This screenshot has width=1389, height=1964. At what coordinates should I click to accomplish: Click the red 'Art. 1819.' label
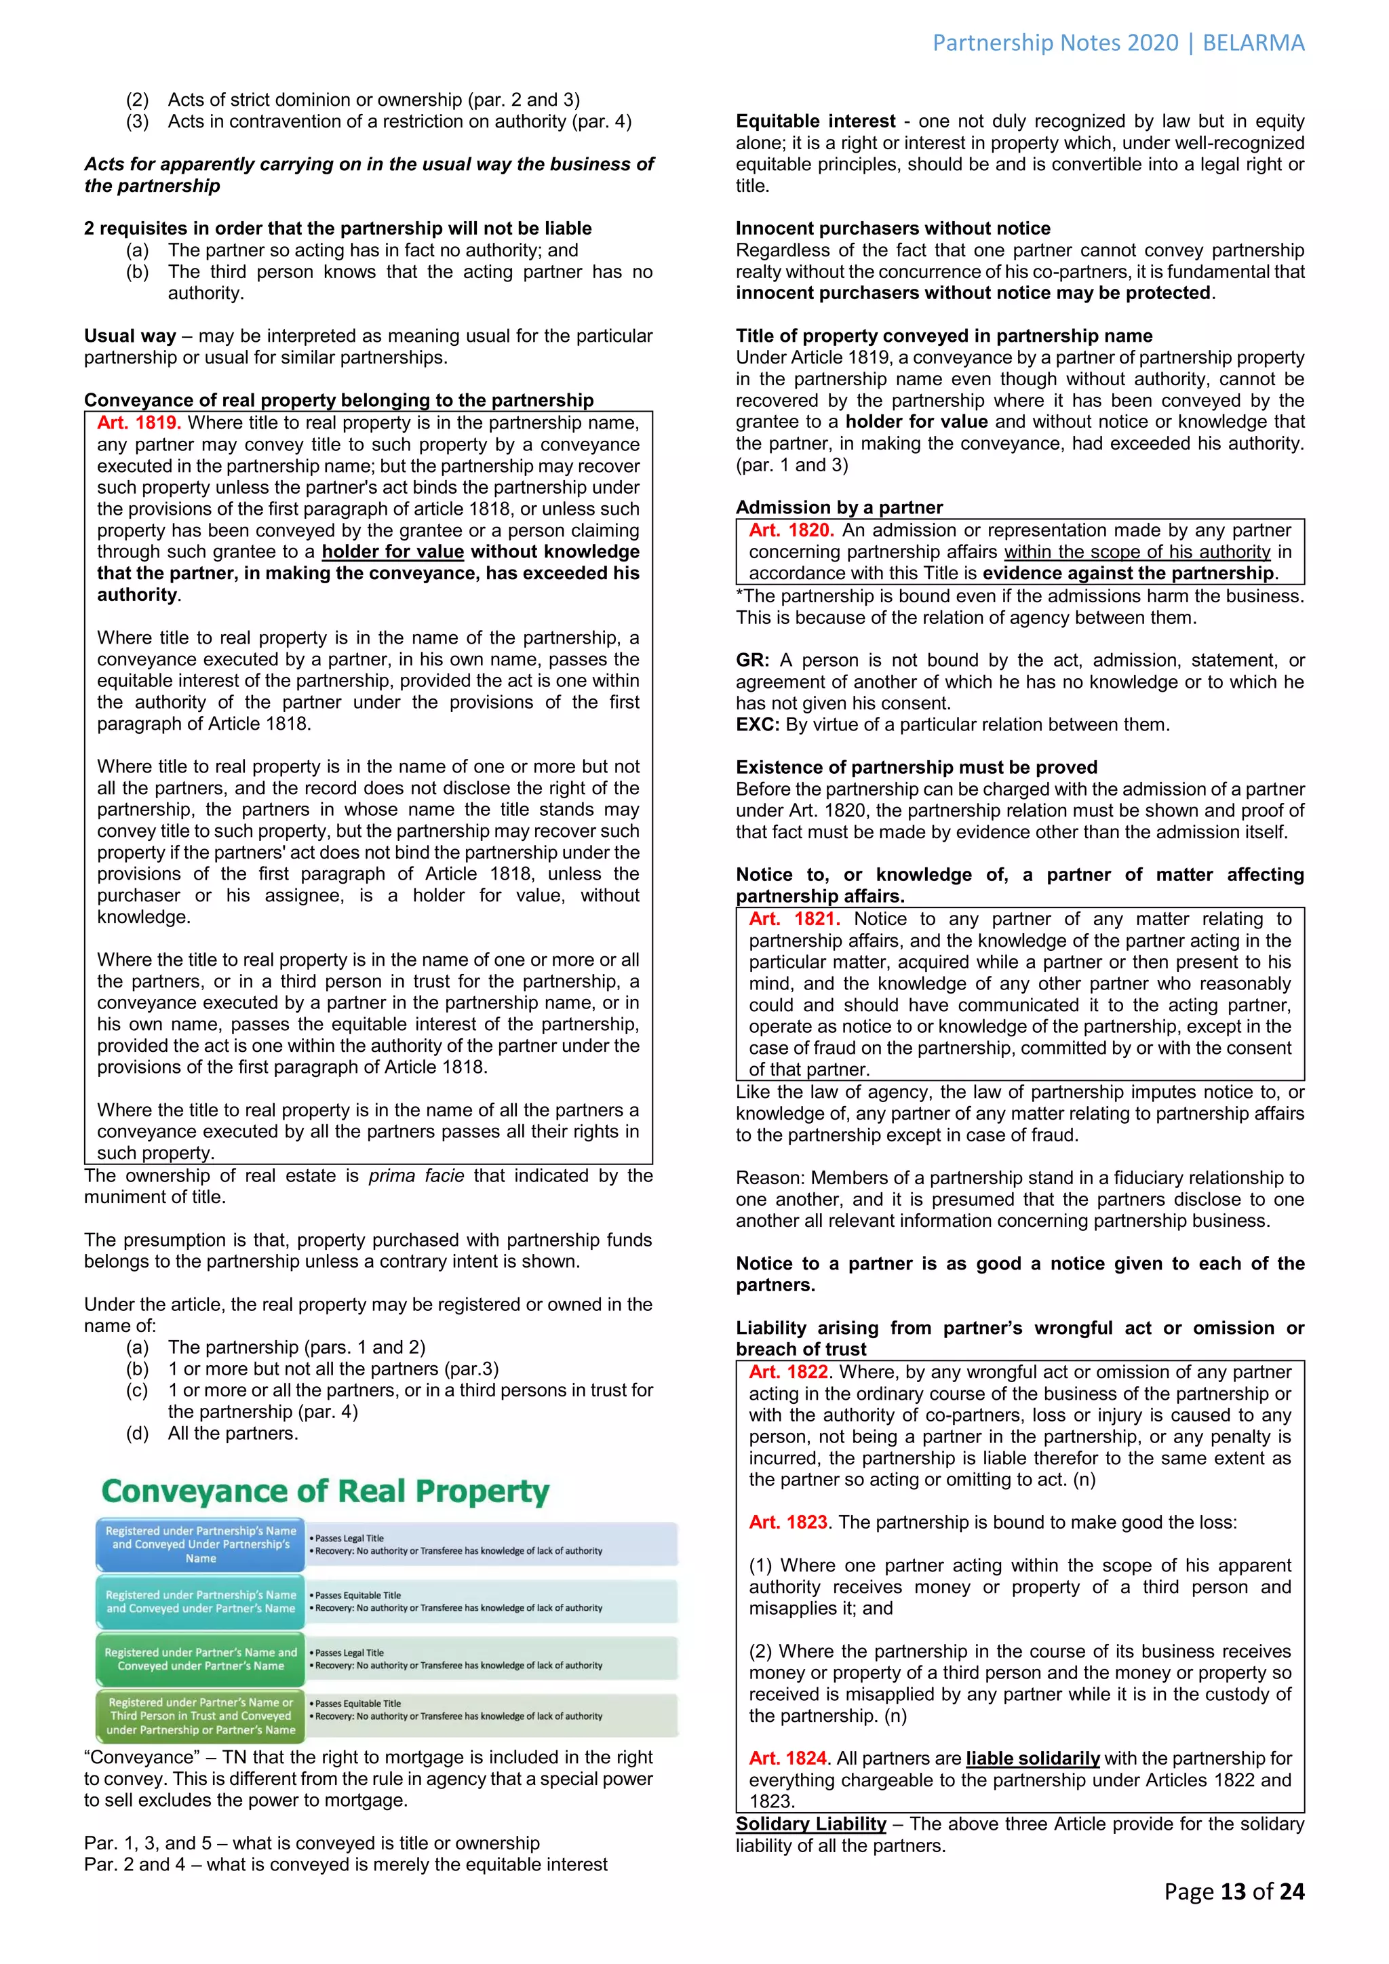click(138, 423)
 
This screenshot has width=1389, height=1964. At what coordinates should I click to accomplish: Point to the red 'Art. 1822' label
click(787, 1372)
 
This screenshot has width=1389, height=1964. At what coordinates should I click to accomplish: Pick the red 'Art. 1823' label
click(787, 1523)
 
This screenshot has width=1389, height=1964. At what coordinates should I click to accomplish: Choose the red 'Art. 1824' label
click(787, 1759)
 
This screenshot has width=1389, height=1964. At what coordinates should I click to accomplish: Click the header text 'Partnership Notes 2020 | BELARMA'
click(1118, 43)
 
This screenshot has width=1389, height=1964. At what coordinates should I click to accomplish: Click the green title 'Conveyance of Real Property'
click(325, 1491)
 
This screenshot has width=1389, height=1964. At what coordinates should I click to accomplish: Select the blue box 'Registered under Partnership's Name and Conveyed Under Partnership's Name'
click(200, 1545)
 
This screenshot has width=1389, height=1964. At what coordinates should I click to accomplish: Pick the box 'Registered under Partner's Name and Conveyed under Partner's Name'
click(200, 1659)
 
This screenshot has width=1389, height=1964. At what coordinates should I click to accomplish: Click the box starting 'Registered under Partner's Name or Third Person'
click(200, 1716)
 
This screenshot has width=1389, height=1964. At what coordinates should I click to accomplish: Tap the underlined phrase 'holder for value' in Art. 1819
click(393, 552)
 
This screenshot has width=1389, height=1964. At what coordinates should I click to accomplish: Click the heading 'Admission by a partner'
click(839, 507)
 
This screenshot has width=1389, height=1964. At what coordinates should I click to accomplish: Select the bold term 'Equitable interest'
click(815, 121)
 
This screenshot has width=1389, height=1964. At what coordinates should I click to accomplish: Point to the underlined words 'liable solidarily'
click(1032, 1759)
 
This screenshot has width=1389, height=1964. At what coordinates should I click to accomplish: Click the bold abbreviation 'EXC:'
click(757, 724)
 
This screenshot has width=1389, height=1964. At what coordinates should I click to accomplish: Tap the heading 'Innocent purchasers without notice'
click(893, 229)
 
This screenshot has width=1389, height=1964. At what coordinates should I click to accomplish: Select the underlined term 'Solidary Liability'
click(811, 1824)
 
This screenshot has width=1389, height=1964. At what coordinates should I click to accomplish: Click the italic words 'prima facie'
click(416, 1176)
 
